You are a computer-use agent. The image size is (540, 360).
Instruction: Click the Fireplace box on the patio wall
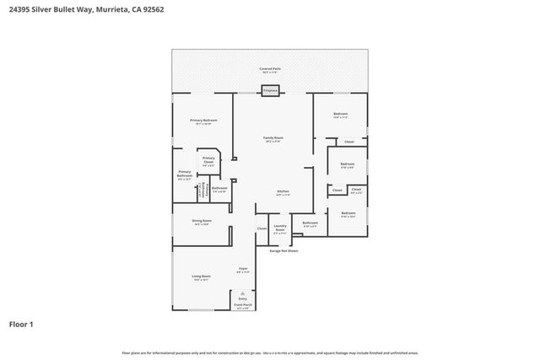point(270,90)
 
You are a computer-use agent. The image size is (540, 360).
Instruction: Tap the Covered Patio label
point(270,70)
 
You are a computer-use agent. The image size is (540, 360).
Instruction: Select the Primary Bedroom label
point(203,121)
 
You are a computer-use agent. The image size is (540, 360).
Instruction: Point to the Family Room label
point(273,138)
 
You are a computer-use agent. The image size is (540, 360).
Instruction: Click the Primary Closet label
point(208,160)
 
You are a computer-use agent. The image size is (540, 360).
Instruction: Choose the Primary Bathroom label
point(185,177)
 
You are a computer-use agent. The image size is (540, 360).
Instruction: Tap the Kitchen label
point(283,192)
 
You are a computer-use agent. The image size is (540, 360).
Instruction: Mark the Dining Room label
point(202,222)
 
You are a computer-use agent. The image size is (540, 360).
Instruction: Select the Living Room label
point(201,277)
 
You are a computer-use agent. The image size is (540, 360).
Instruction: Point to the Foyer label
point(242,270)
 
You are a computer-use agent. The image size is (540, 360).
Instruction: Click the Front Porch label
point(243,306)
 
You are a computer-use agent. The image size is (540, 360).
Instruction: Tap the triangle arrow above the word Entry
point(243,292)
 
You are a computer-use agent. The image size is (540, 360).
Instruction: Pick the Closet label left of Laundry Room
point(262,228)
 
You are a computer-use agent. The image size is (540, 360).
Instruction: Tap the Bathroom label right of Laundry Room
point(310,224)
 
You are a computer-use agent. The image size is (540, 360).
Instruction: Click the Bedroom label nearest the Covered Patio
point(340,114)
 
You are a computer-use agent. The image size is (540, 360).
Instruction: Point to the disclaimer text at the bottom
point(270,352)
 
